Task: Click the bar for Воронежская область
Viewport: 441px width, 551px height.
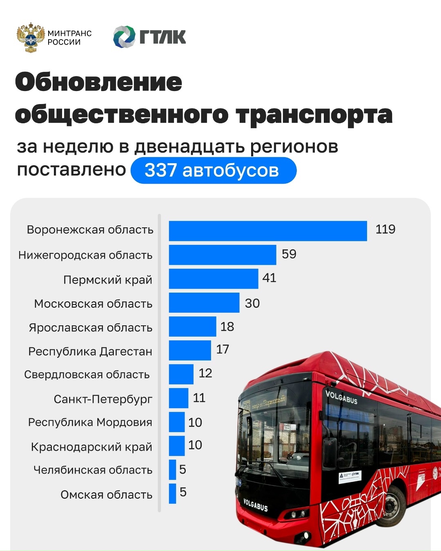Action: [x=268, y=231]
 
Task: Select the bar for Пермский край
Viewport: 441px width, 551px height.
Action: [x=214, y=279]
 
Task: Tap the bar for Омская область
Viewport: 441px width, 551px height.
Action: [x=173, y=493]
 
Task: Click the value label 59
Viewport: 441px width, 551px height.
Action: [x=289, y=254]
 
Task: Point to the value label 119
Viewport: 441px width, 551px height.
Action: [x=385, y=229]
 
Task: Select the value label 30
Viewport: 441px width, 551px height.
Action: [x=252, y=303]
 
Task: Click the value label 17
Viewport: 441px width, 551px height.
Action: [x=223, y=349]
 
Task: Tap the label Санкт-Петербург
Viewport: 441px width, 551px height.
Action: [x=103, y=399]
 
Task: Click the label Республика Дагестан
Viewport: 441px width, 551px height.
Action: [x=90, y=351]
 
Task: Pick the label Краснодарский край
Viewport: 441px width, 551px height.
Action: [x=91, y=447]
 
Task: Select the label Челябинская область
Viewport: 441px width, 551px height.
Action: [x=93, y=470]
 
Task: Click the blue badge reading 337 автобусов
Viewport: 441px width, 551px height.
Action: [x=213, y=171]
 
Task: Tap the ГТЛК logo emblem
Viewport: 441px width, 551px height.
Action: [x=124, y=37]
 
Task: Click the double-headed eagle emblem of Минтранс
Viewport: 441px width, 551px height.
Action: [x=31, y=37]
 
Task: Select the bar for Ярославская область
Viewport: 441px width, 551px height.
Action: [x=192, y=327]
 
